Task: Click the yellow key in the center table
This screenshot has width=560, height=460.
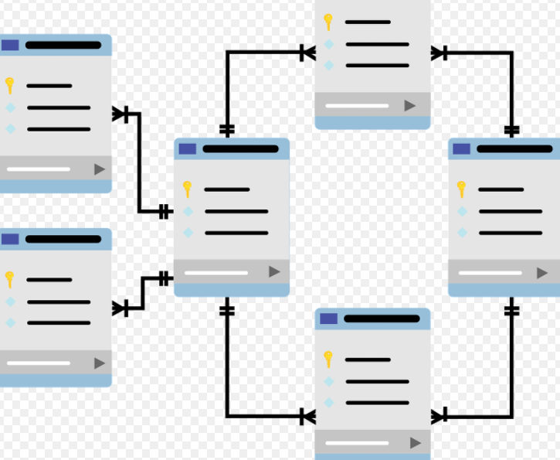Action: pos(187,189)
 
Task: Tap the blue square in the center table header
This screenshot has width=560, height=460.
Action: pos(188,148)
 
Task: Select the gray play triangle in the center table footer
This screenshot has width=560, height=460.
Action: pos(274,271)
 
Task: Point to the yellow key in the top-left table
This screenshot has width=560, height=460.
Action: pos(9,85)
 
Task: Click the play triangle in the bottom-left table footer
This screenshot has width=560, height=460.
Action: pos(100,363)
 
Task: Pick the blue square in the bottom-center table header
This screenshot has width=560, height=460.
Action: pos(329,319)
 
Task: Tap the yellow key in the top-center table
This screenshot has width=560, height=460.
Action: pos(328,22)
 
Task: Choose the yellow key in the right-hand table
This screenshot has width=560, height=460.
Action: pos(461,189)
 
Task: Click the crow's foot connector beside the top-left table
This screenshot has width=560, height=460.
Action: pos(121,114)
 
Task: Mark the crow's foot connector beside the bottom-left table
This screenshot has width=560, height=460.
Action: pos(121,308)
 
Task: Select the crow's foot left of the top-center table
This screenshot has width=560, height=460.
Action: pos(307,53)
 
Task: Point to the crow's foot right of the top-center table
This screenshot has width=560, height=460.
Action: pos(439,53)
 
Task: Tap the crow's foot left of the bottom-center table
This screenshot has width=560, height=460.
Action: pos(307,417)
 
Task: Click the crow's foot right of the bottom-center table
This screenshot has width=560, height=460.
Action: pos(439,417)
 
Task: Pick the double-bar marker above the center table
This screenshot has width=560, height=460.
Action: pos(226,128)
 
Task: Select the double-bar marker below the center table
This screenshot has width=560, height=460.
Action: pos(226,311)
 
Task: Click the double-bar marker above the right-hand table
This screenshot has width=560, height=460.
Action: pos(511,130)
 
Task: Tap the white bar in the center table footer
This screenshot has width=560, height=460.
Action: pos(216,272)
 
